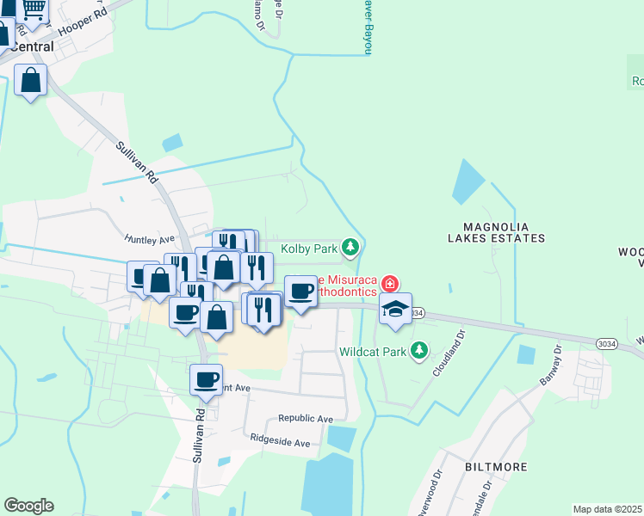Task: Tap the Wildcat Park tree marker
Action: point(418,350)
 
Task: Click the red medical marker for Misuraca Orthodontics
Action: point(389,283)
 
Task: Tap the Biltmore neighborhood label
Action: point(496,466)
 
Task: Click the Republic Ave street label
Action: point(305,419)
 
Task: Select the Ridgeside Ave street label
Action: point(280,443)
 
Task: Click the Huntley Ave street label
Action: point(149,239)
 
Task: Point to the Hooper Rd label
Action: point(89,15)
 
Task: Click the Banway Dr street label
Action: point(550,365)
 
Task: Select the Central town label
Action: point(32,46)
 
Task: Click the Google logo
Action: point(28,506)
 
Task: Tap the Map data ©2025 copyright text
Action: point(607,509)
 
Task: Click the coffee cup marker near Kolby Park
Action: point(300,291)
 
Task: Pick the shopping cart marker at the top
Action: point(33,10)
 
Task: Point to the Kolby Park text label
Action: point(307,249)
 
